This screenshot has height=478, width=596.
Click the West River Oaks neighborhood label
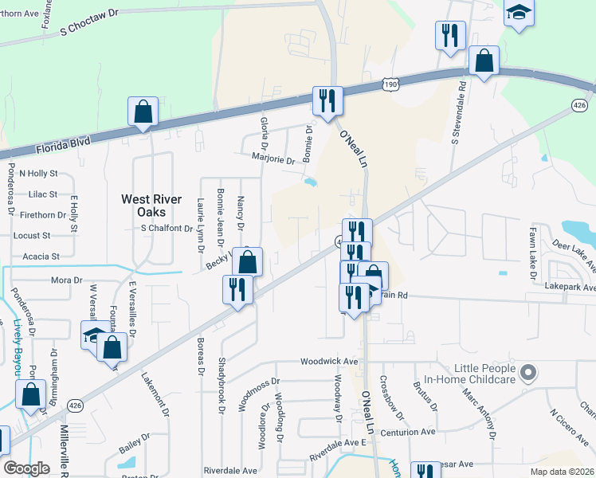pos(151,206)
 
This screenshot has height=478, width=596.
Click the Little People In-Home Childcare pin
pos(526,373)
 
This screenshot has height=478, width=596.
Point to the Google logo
pos(26,468)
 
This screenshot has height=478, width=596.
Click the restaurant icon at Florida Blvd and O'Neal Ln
pos(327,101)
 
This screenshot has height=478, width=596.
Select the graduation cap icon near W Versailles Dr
pos(95,335)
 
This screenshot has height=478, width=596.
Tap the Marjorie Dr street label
pos(274,159)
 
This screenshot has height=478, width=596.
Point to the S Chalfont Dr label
pos(167,229)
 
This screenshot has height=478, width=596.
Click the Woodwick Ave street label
pos(329,361)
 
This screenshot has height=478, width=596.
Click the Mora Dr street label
pos(66,280)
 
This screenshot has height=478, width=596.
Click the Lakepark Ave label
pos(570,287)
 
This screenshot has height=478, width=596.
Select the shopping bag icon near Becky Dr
pos(248,262)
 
